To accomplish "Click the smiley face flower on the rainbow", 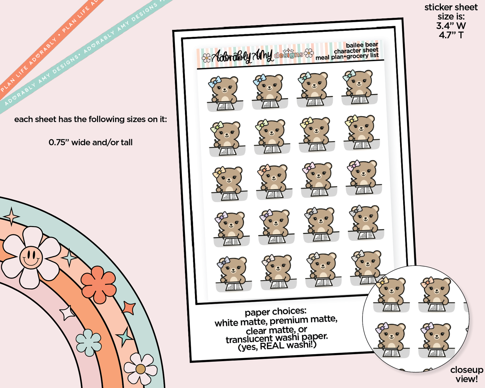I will point(31,257).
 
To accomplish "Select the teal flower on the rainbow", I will point(89,342).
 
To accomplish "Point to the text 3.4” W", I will point(451,26).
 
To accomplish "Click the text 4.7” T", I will point(451,35).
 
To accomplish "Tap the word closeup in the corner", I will point(467,370).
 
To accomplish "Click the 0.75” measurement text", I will point(59,142).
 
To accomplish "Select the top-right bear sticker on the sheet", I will point(359,87).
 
